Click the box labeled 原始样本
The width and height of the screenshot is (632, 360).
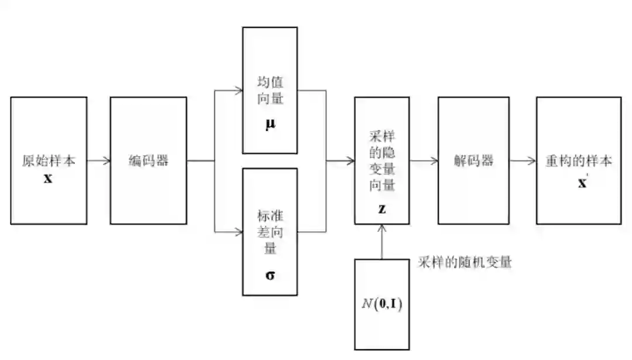[49, 160]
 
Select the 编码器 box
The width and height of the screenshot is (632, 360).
[149, 160]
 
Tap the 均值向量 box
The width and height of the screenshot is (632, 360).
[270, 90]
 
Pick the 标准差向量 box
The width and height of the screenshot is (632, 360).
[270, 231]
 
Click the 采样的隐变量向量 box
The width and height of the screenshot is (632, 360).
[382, 160]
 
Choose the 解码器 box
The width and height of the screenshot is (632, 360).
[473, 160]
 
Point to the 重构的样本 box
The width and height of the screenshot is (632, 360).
[579, 160]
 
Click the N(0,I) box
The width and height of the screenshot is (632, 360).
[382, 304]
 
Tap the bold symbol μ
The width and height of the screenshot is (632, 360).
[270, 125]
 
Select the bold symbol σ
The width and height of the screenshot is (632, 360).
[270, 275]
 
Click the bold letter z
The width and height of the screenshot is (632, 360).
[382, 208]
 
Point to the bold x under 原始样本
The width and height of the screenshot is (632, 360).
[48, 178]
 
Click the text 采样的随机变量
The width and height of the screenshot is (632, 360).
[465, 262]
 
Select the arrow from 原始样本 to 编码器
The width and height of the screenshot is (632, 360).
[99, 161]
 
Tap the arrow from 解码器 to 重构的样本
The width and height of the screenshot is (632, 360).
[523, 161]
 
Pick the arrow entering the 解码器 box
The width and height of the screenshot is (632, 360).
[424, 161]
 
